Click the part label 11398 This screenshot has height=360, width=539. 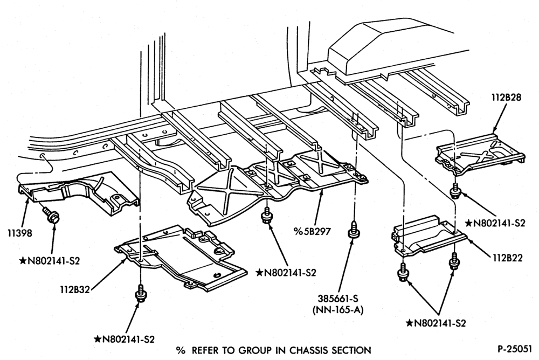point(19,233)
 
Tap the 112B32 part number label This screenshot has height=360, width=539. point(73,289)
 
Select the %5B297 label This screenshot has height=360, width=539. point(312,232)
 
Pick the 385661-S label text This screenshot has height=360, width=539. point(338,299)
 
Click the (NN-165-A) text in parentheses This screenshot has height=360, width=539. point(338,310)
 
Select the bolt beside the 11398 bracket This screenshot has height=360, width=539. point(51,215)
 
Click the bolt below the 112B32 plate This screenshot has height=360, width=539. point(141,293)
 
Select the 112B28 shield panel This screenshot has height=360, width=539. point(480,153)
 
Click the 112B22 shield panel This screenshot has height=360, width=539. point(428,236)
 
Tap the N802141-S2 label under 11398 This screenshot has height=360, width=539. point(50,261)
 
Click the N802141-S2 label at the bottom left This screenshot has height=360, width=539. point(125,340)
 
